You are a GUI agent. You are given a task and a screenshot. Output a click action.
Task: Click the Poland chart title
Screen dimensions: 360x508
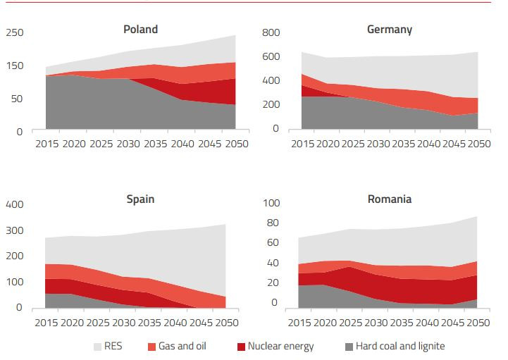tap(140, 30)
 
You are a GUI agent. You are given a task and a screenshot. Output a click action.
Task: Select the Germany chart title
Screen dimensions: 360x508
tap(390, 30)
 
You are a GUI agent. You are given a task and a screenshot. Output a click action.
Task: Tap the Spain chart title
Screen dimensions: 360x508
tap(140, 199)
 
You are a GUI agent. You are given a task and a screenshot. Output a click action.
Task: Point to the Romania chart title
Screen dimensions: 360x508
tap(390, 199)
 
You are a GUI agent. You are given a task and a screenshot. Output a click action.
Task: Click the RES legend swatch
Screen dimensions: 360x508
tap(98, 347)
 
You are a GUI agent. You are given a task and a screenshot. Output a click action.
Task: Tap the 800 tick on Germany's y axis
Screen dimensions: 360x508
tap(271, 33)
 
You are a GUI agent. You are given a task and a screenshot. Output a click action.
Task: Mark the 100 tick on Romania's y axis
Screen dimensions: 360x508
tap(271, 204)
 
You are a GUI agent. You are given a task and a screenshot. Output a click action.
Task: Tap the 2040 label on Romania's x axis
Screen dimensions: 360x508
tap(430, 323)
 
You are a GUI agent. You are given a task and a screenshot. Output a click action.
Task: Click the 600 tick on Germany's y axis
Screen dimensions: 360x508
tap(271, 57)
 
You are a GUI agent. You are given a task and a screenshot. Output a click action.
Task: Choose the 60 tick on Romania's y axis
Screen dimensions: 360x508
tap(274, 243)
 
